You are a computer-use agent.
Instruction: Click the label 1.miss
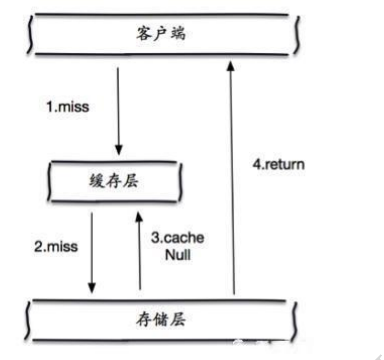tap(68, 106)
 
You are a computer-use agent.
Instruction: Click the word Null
tap(178, 254)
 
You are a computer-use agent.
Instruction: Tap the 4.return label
tap(278, 164)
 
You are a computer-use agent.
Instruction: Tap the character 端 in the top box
tap(178, 35)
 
